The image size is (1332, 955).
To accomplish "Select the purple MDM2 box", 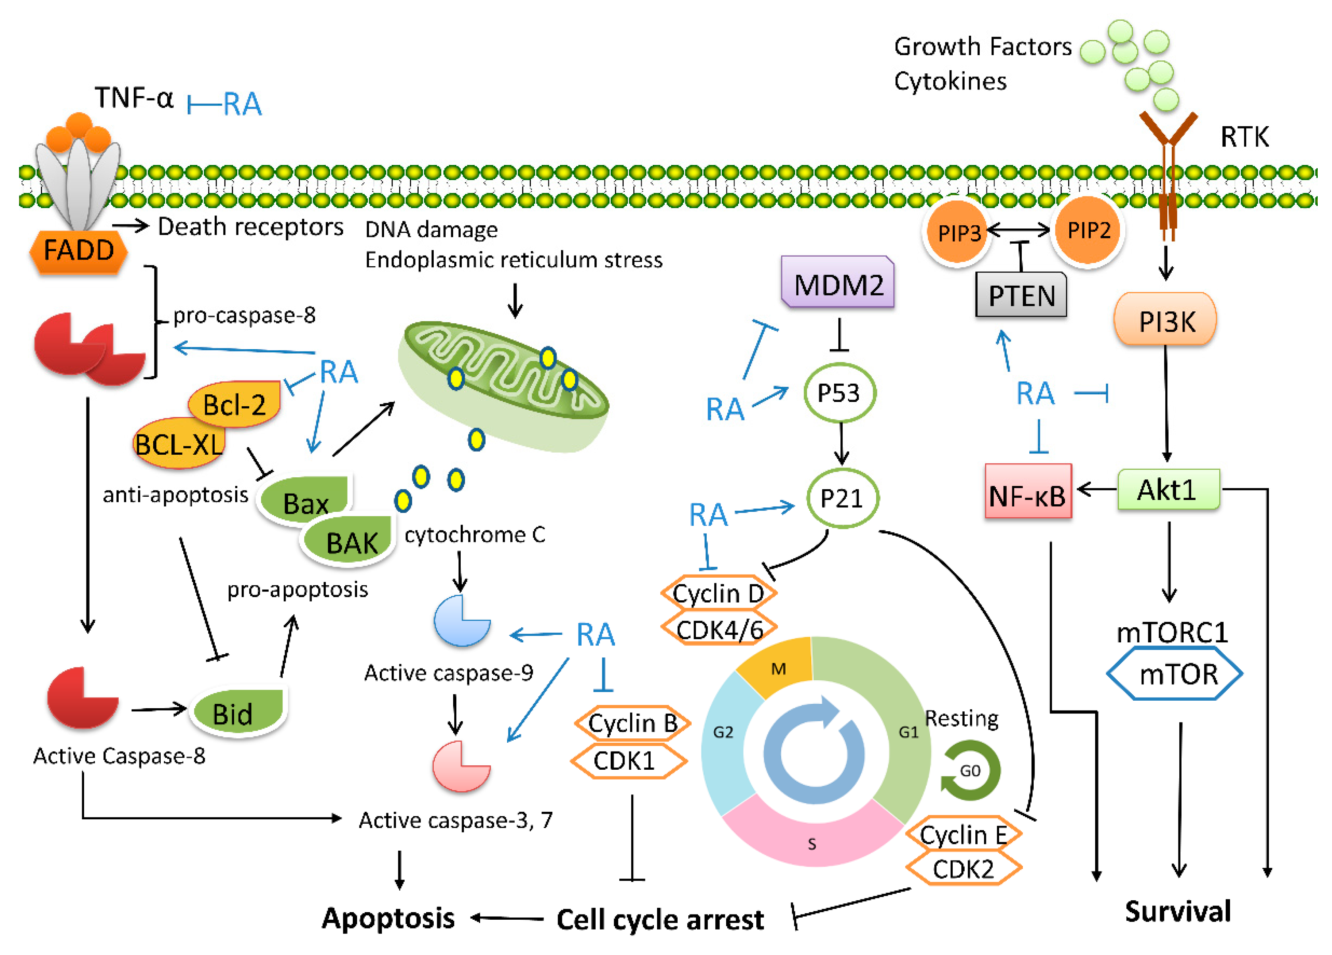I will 838,284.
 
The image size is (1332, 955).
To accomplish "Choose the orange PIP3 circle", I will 958,232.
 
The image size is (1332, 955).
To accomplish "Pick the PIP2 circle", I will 1088,230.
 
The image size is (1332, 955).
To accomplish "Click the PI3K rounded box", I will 1165,321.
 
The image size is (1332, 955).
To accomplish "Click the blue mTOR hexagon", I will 1174,674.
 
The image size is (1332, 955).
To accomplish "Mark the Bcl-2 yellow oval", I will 234,404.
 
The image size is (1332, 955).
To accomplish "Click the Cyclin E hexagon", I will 963,834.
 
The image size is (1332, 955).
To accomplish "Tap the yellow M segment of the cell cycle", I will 777,667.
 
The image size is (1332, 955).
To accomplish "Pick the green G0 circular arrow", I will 970,771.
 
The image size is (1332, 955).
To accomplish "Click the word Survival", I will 1177,911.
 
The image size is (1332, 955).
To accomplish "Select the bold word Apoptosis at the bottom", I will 388,918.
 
